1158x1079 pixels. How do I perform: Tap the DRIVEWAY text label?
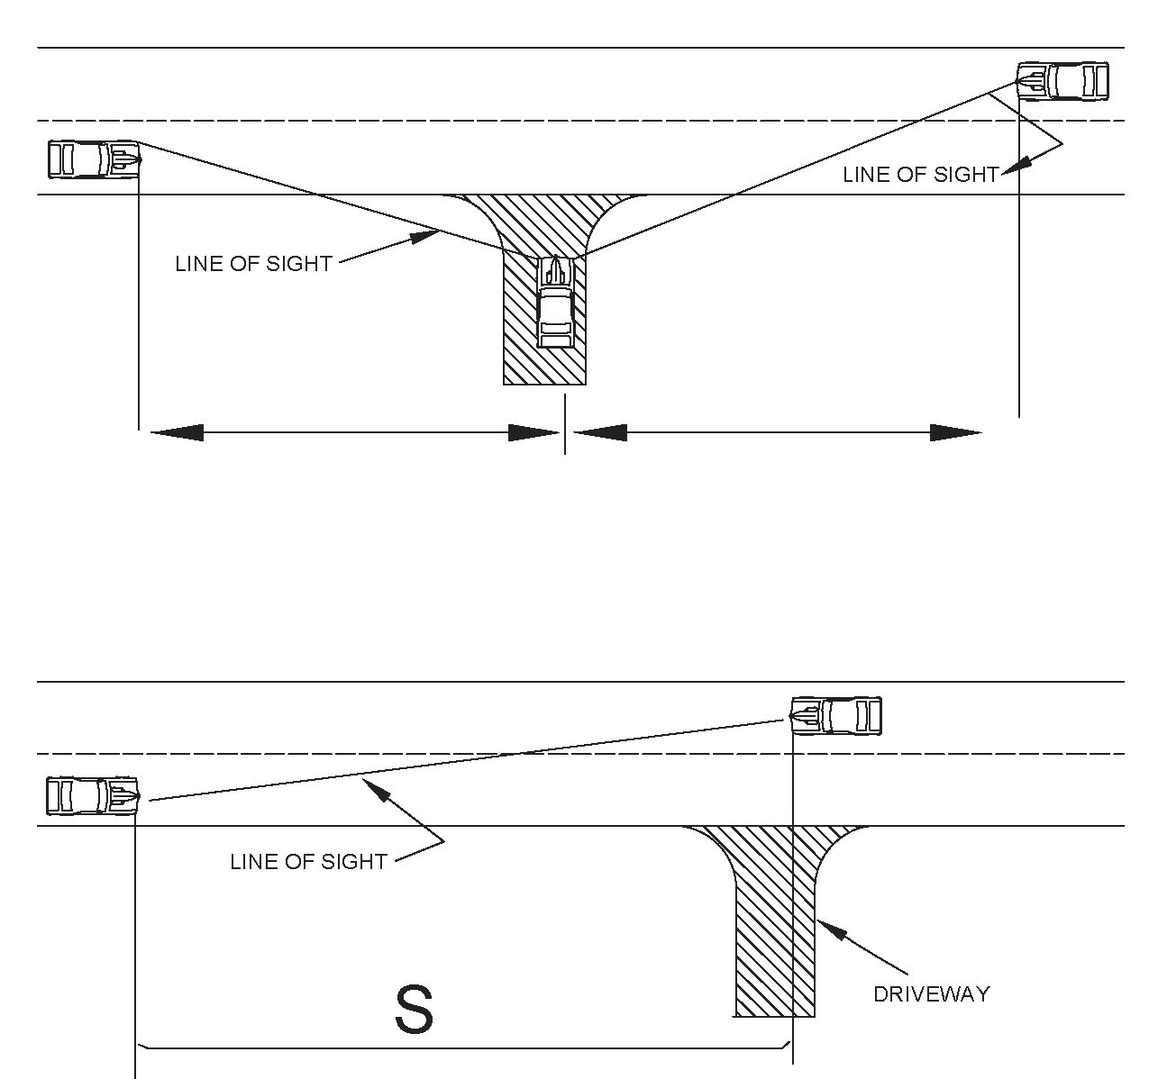[931, 994]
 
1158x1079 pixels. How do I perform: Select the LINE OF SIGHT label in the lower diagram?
[308, 862]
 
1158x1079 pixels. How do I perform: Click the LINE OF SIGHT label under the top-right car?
[920, 175]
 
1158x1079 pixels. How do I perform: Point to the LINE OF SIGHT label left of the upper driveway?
[253, 264]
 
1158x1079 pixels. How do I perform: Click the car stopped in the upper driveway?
[555, 302]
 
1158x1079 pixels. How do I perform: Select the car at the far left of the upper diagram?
[94, 159]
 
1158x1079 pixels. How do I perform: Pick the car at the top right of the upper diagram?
[1062, 81]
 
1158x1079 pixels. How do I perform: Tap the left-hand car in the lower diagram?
[92, 795]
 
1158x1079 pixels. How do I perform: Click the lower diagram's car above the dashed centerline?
[836, 716]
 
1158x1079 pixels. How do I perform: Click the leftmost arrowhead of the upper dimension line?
[176, 433]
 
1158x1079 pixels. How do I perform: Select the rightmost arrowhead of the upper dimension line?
[956, 433]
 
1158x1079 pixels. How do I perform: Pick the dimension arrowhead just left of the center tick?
[534, 433]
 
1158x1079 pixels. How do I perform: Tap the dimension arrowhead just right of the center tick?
[600, 433]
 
